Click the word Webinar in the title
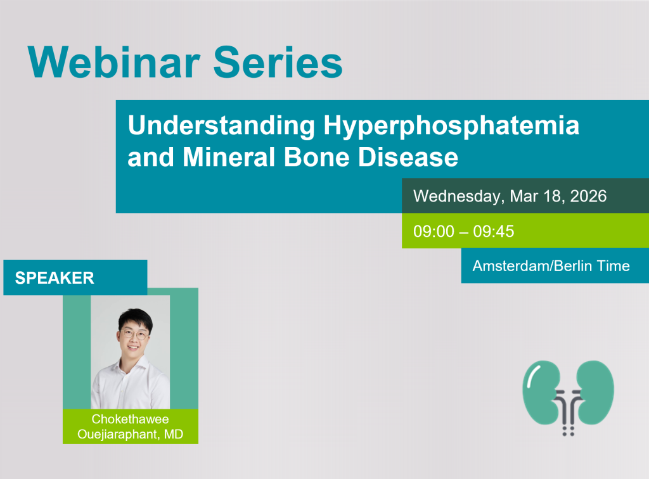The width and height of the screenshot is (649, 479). coord(114,62)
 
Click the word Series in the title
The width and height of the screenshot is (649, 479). coord(278,62)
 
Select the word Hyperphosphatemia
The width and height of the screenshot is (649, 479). coord(451,125)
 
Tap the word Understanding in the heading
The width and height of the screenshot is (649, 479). coord(221,125)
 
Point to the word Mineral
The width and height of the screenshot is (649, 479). coord(229,157)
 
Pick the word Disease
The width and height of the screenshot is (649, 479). coord(408,157)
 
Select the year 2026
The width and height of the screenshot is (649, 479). coord(588,196)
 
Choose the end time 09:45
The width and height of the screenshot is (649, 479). coord(493,231)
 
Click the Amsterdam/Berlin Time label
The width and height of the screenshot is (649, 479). coord(551,265)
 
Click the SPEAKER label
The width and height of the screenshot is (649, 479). coord(55,278)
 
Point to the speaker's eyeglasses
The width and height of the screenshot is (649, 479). coord(135,335)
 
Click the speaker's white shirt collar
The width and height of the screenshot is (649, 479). coord(132,366)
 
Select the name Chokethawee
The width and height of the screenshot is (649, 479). coord(131,419)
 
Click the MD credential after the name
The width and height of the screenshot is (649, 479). coord(174,434)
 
